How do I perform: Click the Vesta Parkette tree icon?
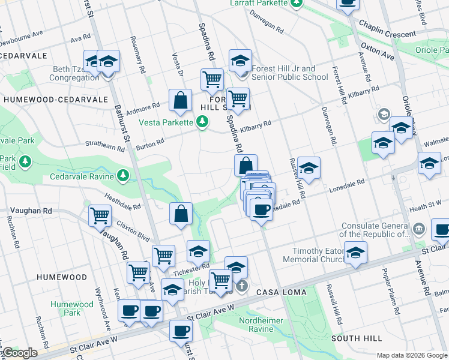click(x=203, y=122)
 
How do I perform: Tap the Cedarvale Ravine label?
click(x=82, y=176)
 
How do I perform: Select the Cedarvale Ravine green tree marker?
click(x=123, y=175)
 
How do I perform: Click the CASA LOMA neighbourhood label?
click(x=282, y=292)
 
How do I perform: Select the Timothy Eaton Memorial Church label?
click(x=316, y=255)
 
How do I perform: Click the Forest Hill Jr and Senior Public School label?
click(x=290, y=73)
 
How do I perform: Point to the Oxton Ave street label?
click(x=377, y=51)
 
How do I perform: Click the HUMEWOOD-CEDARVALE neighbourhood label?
click(x=55, y=100)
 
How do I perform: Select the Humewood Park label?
click(x=72, y=308)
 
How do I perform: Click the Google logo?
click(x=20, y=353)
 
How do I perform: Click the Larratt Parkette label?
click(x=259, y=4)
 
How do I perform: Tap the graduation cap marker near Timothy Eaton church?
click(x=355, y=253)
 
